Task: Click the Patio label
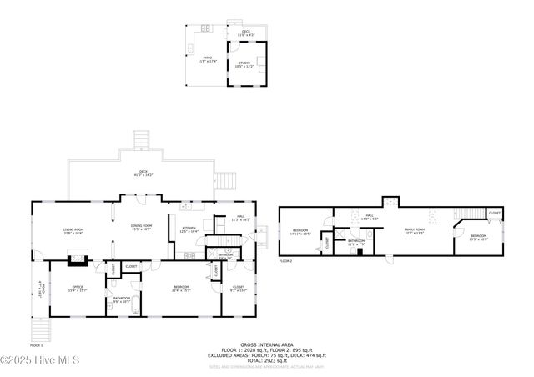pyautogui.click(x=207, y=59)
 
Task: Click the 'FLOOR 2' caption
pyautogui.click(x=286, y=262)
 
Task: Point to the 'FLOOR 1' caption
pyautogui.click(x=36, y=344)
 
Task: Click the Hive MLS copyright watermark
pyautogui.click(x=39, y=359)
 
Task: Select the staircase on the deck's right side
pyautogui.click(x=226, y=178)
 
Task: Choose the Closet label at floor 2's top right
pyautogui.click(x=494, y=213)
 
